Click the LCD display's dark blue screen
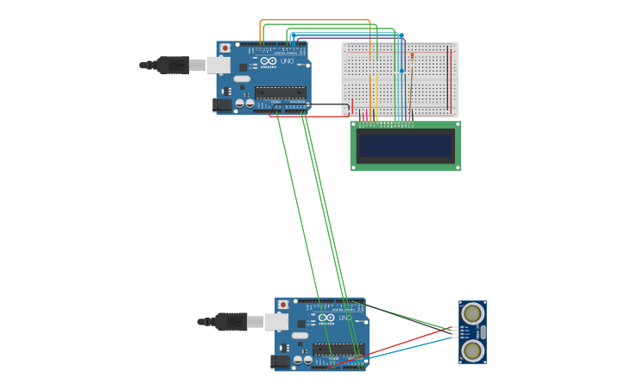point(405,146)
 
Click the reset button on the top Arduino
point(225,48)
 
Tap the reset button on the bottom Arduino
point(283,305)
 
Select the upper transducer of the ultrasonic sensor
point(471,313)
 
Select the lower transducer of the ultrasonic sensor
point(471,350)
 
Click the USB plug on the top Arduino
point(173,65)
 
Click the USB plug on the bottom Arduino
point(231,322)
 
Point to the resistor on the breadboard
point(412,57)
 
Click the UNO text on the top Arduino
point(288,61)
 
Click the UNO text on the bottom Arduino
point(345,318)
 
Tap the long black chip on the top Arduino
point(281,92)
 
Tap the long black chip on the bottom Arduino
point(338,350)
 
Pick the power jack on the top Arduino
point(223,104)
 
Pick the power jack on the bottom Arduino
point(281,362)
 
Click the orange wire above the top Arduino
point(315,20)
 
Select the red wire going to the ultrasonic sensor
point(406,343)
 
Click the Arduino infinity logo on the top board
point(269,61)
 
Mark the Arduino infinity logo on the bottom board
point(326,318)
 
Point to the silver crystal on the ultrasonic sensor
point(483,332)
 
